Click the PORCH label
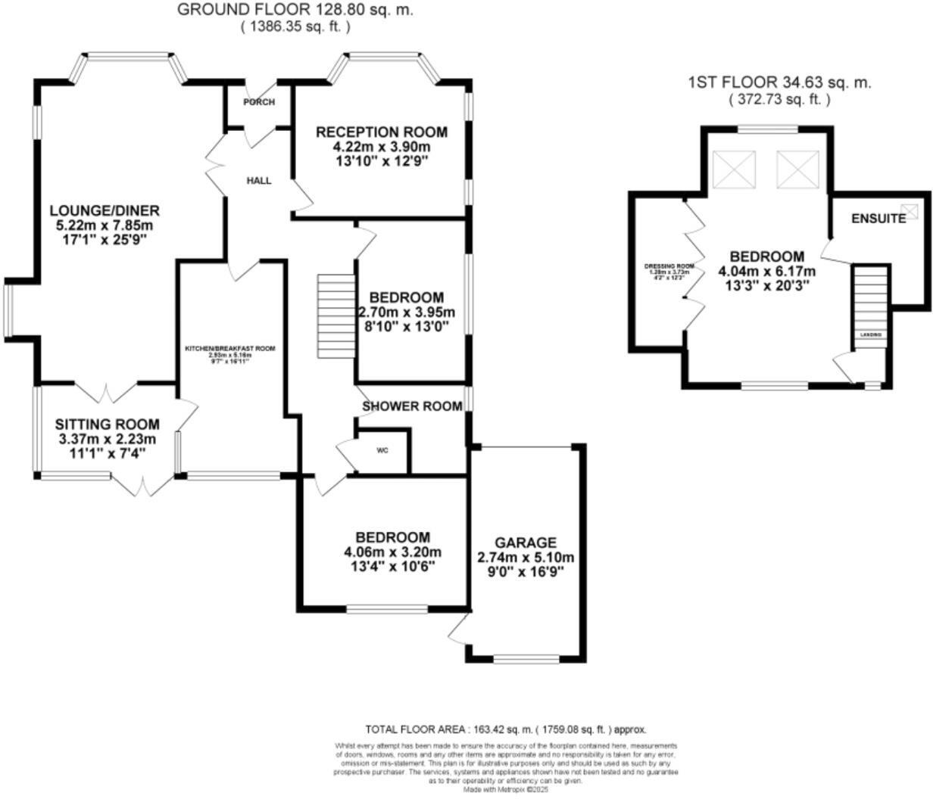[x=259, y=102]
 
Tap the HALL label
[x=258, y=181]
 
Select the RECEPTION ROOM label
[x=381, y=132]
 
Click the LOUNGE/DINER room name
[x=105, y=210]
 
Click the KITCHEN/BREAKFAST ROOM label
[x=231, y=349]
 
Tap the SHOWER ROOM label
[x=412, y=406]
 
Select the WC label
[x=382, y=450]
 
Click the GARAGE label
[x=526, y=543]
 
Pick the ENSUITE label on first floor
[x=878, y=219]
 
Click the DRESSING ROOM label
[x=669, y=266]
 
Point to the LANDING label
[x=869, y=334]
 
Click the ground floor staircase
[x=335, y=316]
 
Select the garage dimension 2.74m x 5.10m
[x=526, y=558]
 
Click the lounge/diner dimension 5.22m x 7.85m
[x=105, y=225]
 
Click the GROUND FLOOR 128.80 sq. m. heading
[x=295, y=10]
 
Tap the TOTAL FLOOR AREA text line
[x=506, y=729]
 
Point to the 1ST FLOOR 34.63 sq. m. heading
[x=779, y=82]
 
